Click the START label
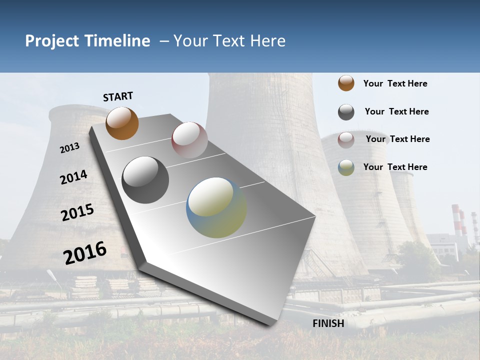(118, 96)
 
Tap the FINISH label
(328, 323)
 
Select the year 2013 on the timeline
(69, 148)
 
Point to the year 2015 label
(77, 212)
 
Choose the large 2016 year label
(85, 253)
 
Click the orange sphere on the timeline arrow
(122, 123)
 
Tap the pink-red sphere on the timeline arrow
(189, 140)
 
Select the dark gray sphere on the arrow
(145, 180)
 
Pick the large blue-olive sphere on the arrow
(216, 207)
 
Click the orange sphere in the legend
(346, 83)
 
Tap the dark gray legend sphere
(346, 112)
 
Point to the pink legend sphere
(346, 139)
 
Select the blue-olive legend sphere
(346, 167)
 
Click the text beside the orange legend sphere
(395, 83)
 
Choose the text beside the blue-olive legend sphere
(395, 167)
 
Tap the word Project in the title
(52, 41)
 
